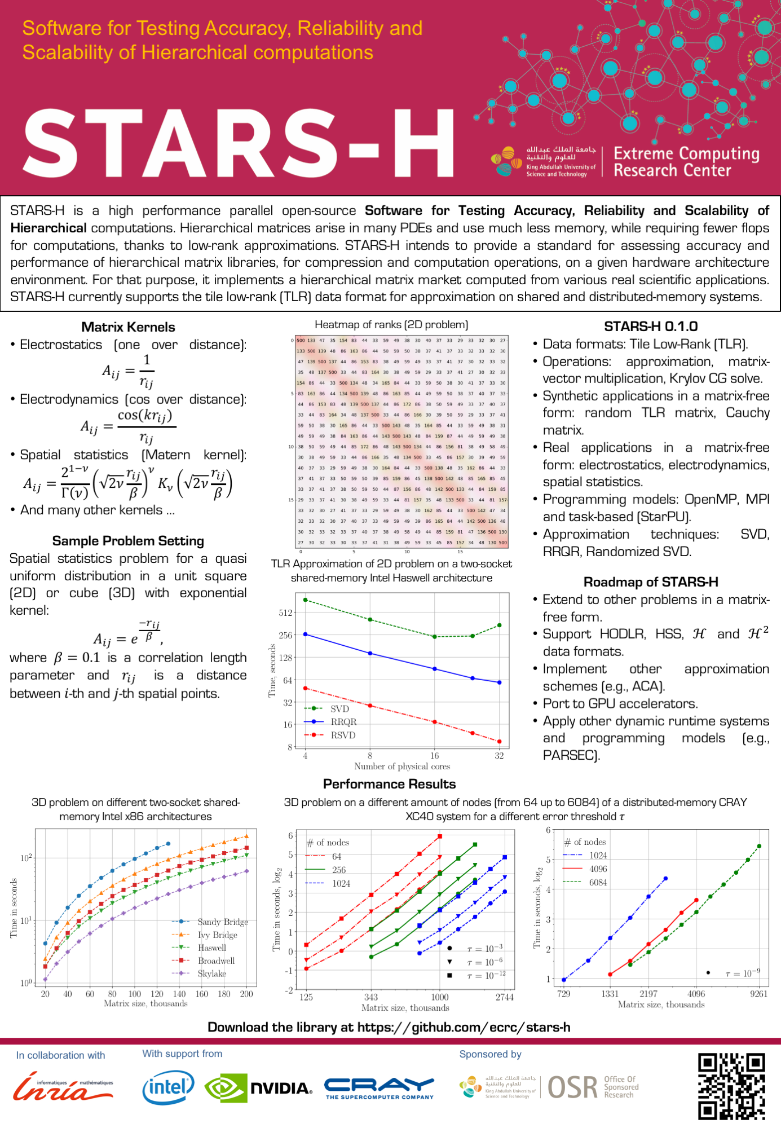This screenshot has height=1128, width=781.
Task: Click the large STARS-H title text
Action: (x=239, y=144)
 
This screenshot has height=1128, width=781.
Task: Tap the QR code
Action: (x=731, y=1086)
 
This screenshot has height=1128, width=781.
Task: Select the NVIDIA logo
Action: (x=259, y=1088)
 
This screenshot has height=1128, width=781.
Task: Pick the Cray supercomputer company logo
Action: (x=379, y=1088)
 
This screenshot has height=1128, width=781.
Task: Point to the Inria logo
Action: (x=63, y=1087)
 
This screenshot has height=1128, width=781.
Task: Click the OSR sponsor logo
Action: (x=592, y=1087)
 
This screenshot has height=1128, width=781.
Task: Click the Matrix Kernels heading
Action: (x=128, y=327)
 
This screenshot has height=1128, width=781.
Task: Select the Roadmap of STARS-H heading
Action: (x=651, y=582)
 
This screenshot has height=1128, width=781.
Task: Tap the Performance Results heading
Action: (x=389, y=784)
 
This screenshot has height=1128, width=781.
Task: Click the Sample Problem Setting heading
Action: (x=128, y=541)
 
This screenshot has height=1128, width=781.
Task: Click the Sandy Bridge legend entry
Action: (x=222, y=922)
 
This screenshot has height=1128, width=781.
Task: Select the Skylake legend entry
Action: (x=211, y=973)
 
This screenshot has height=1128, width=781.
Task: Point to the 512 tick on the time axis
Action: (x=285, y=613)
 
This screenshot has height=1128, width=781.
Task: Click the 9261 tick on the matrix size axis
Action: (x=758, y=994)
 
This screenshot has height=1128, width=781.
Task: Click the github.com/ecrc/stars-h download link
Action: (x=464, y=1027)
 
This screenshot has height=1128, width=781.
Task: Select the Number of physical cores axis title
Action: (x=401, y=766)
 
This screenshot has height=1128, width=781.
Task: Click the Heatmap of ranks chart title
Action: (x=391, y=325)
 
